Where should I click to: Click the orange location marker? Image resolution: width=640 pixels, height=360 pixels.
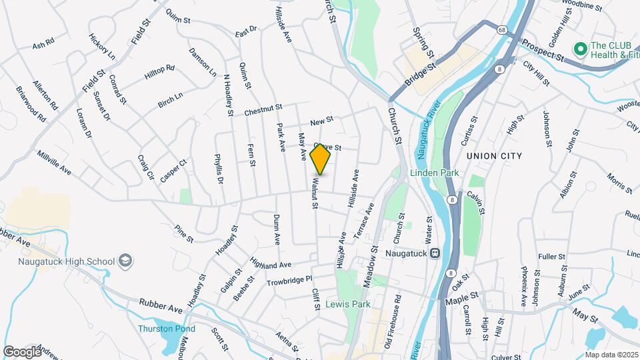320,159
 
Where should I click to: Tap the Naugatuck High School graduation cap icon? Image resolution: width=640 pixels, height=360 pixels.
125,262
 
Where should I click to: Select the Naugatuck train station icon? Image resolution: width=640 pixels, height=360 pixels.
435,253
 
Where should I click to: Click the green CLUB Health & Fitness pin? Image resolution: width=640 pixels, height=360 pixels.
580,49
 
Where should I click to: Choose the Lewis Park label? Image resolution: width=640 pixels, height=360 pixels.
347,304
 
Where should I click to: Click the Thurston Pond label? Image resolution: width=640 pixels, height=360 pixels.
167,329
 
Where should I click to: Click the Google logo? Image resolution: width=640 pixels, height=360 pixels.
22,351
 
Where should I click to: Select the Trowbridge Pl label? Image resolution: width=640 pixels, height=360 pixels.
289,281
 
